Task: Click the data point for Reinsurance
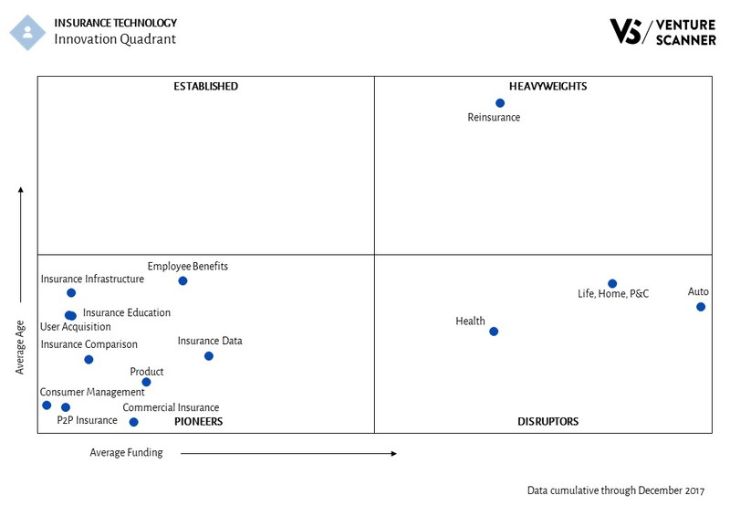click(x=500, y=103)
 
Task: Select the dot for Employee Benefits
click(x=182, y=280)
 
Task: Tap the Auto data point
click(x=701, y=307)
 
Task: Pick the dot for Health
click(x=494, y=332)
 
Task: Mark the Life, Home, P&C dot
click(x=612, y=283)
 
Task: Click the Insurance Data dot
click(x=209, y=356)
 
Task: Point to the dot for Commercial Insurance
click(x=134, y=422)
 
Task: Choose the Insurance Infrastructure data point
click(x=71, y=293)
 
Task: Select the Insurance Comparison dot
click(x=89, y=360)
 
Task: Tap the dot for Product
click(x=146, y=383)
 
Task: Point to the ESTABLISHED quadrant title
click(x=205, y=87)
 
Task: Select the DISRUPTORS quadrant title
click(x=547, y=422)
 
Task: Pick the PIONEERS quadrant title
click(x=198, y=422)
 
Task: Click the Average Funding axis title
click(x=126, y=452)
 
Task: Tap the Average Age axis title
click(x=20, y=348)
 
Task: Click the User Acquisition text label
click(x=76, y=327)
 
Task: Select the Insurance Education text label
click(x=127, y=313)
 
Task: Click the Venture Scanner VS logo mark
click(x=627, y=31)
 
